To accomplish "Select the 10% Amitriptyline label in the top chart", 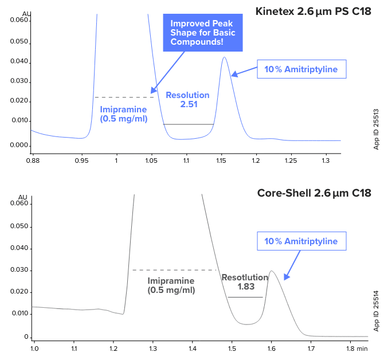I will (301, 70).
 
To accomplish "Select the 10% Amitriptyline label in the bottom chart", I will (301, 241).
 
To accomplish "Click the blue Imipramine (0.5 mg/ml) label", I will (124, 114).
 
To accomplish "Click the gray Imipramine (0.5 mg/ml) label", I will (171, 285).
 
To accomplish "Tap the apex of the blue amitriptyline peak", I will (224, 57).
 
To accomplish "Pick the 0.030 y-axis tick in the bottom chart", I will (19, 270).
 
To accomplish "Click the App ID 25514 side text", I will (377, 312).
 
